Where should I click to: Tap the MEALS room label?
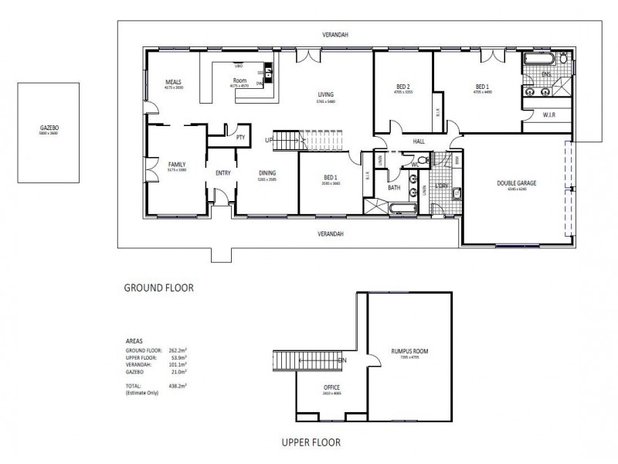tap(173, 82)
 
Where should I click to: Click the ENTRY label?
tap(223, 173)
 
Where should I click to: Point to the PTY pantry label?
tap(241, 138)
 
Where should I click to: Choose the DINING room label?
tap(267, 173)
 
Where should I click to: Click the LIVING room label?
tap(325, 95)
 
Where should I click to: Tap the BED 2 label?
tap(402, 87)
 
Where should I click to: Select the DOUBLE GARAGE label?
tap(516, 183)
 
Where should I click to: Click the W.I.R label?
tap(550, 116)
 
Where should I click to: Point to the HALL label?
tap(419, 142)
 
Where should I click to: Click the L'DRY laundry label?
tap(443, 186)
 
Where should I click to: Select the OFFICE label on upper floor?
tap(331, 387)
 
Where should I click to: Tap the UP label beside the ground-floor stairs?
tap(268, 140)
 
